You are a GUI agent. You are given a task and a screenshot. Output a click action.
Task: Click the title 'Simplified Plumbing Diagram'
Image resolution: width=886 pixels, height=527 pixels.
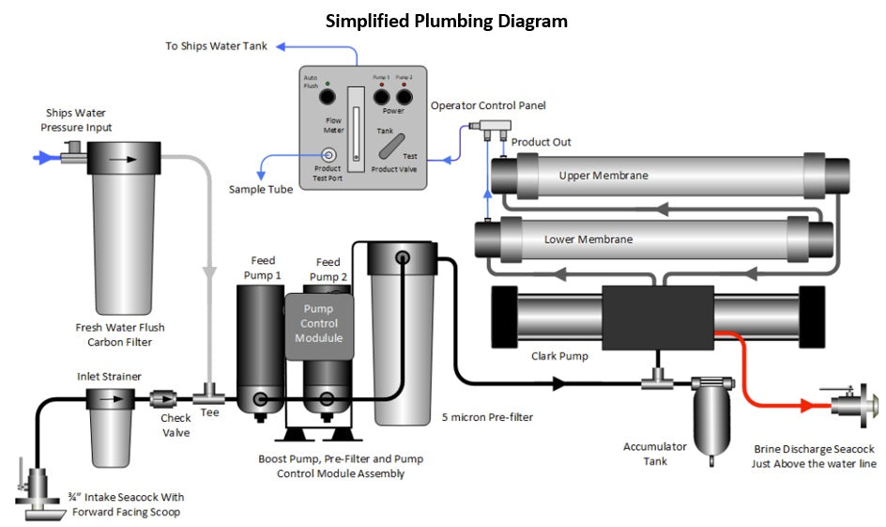(446, 21)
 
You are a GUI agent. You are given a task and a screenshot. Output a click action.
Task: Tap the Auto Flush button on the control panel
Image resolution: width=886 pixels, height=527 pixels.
(327, 97)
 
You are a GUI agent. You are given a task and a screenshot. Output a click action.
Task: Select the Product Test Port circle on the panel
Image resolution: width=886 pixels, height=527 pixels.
(328, 155)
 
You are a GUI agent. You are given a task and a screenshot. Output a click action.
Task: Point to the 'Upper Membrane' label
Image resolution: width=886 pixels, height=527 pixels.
(603, 176)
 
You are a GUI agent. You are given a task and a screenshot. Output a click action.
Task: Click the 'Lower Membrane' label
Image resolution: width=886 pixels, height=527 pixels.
(588, 240)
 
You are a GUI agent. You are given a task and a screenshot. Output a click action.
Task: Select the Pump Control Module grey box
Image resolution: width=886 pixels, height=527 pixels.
(320, 325)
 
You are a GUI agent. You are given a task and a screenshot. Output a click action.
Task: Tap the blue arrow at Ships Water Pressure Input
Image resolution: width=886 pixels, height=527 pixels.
(43, 158)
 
